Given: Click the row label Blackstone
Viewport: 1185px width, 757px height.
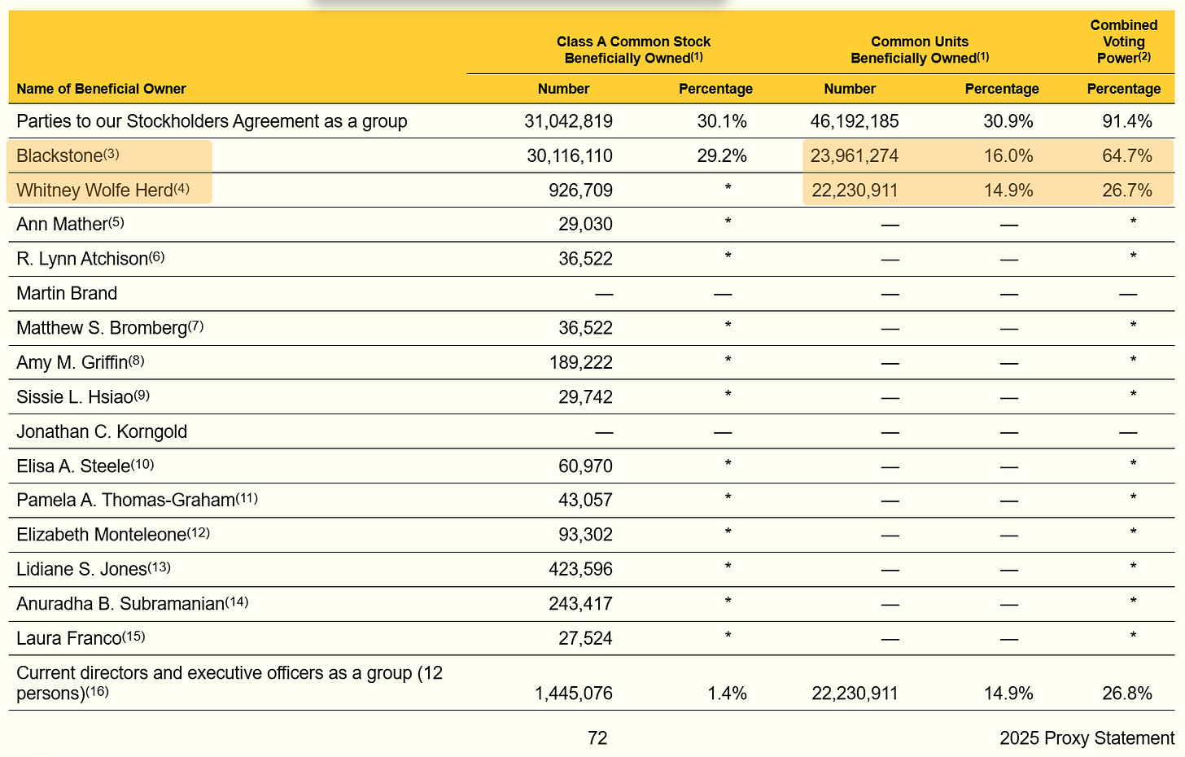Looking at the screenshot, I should pos(60,155).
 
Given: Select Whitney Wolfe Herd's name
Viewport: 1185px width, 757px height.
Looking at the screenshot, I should pos(94,190).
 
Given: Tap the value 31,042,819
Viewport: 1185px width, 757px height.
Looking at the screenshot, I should pos(568,121).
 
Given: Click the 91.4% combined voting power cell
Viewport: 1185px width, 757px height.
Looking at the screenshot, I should pos(1126,121).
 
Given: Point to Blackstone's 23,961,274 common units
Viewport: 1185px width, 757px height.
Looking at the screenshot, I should pos(855,155).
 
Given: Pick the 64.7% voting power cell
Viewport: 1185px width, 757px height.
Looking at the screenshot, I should pos(1126,155).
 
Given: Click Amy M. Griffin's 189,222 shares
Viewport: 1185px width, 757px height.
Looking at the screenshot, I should pos(580,362).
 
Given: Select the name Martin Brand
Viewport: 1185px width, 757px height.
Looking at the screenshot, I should pos(67,293).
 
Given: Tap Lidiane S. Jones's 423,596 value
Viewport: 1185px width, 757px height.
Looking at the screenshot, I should pos(580,569).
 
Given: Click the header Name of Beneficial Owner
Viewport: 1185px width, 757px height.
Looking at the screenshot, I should pos(101,89).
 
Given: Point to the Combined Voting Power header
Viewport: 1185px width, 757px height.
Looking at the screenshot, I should pos(1123,42).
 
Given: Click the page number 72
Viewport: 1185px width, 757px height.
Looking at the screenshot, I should pos(597,737).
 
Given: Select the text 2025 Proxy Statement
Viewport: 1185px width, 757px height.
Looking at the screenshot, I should pos(1087,737).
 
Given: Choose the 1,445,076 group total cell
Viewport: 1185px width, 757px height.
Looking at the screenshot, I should pos(573,694).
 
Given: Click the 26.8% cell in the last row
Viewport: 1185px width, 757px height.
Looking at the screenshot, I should pos(1126,694).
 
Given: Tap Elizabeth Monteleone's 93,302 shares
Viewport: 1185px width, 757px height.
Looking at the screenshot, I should pos(585,535).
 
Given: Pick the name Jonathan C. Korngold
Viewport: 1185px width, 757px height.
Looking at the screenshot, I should pos(102,431).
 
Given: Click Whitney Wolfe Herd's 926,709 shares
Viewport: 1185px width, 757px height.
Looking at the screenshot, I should pos(580,190).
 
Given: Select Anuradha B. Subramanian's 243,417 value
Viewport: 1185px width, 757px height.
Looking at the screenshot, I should pos(580,604).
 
